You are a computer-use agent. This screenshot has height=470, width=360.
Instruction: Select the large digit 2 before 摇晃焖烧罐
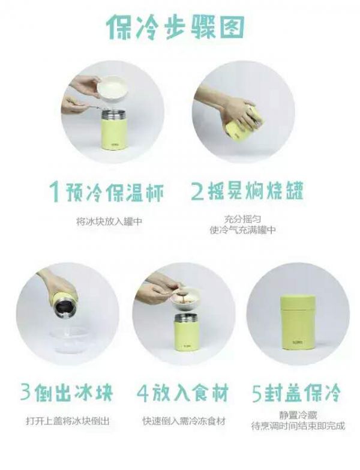(197, 192)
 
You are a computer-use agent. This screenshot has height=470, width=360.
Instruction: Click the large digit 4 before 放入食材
(143, 394)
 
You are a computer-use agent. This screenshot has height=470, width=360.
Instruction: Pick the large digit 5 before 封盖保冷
(257, 394)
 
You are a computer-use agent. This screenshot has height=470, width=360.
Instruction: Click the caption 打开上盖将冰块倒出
(67, 421)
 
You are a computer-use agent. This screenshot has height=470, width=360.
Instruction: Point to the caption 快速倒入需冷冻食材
(184, 421)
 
